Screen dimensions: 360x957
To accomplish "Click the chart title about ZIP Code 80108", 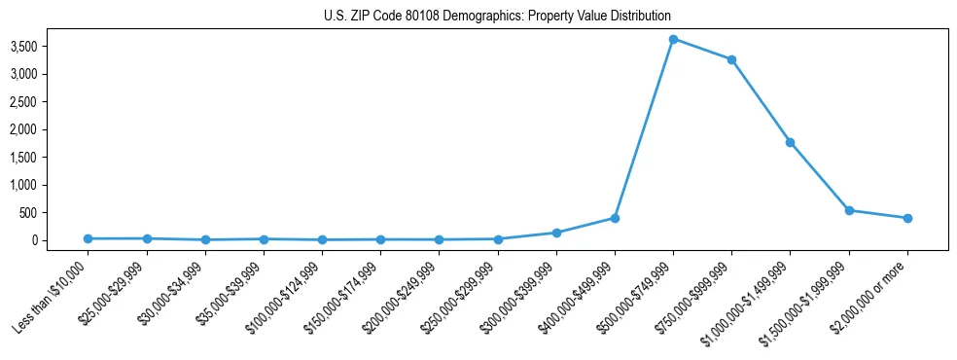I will [497, 17].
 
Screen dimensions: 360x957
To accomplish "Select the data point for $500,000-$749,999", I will [673, 39].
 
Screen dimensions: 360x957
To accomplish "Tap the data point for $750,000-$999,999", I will [731, 59].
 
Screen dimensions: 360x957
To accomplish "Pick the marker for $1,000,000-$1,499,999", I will [791, 142].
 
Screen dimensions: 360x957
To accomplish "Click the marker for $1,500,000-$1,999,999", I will [849, 210].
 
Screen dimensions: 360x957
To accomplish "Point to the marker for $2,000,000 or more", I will [907, 218].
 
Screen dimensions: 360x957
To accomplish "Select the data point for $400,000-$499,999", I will [615, 218].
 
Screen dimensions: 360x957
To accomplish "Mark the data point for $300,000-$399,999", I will [556, 233].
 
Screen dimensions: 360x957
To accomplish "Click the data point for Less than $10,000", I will [88, 238].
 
